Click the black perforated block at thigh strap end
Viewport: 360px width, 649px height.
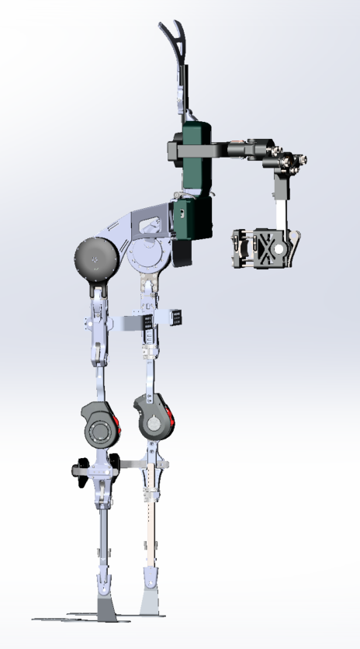pos(178,318)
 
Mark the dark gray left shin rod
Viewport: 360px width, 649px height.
pos(101,536)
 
